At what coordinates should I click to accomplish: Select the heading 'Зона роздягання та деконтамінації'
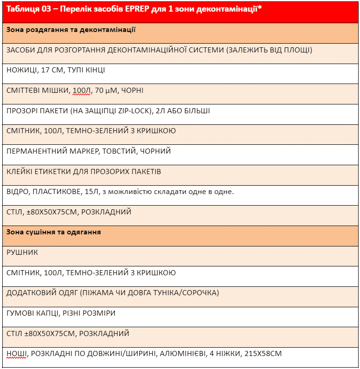(x=71, y=30)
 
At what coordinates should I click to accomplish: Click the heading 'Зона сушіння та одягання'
(x=54, y=232)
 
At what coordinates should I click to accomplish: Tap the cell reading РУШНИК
(x=22, y=252)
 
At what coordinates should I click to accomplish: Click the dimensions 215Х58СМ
(x=260, y=354)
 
